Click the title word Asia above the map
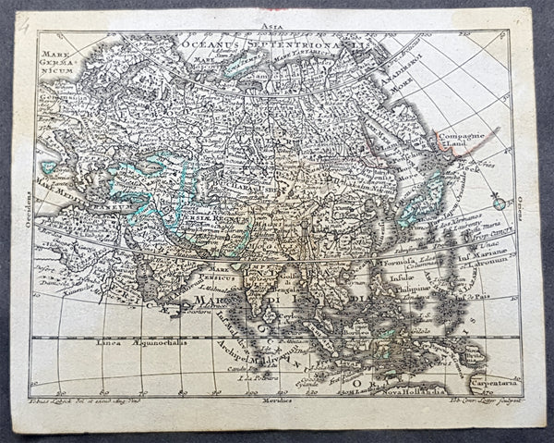[x=271, y=28]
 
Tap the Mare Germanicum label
[x=54, y=61]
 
